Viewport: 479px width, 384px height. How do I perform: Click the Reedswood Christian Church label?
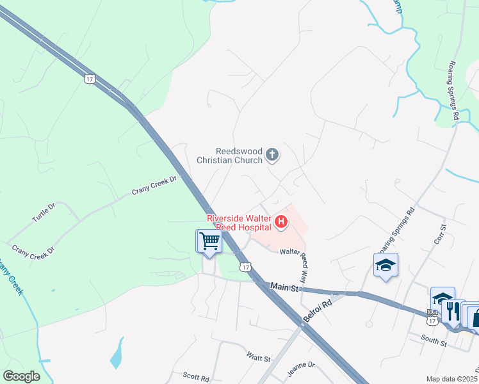(x=230, y=156)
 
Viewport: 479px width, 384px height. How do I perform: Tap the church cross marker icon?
(x=272, y=154)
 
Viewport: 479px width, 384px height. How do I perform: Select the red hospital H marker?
(x=280, y=222)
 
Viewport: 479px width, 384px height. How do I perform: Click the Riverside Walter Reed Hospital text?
(x=238, y=223)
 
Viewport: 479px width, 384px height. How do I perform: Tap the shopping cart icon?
(x=209, y=241)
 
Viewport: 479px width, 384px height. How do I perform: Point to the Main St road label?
(x=284, y=288)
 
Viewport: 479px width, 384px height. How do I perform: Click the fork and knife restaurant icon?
(x=453, y=310)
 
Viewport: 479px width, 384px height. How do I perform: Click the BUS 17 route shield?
(x=432, y=313)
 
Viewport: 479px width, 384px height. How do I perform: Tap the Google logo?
(x=22, y=376)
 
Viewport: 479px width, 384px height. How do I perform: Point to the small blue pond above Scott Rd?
(x=117, y=353)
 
